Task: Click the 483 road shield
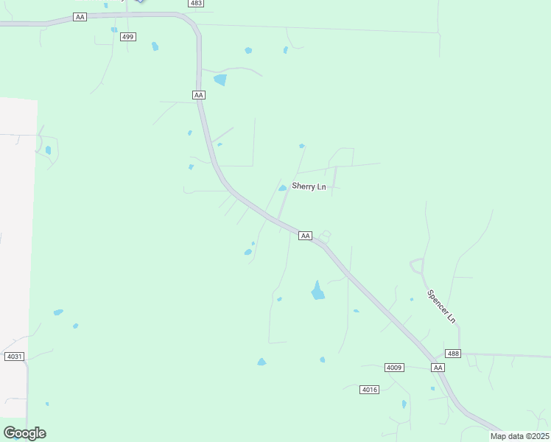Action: click(195, 4)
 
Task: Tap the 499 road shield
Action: click(128, 37)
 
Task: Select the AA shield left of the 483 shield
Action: click(80, 16)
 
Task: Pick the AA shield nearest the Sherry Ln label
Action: click(306, 236)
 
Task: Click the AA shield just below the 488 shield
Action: click(438, 367)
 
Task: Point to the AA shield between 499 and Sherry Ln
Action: click(198, 95)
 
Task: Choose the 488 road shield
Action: click(453, 354)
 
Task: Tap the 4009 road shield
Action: click(395, 367)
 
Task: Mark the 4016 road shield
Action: click(370, 389)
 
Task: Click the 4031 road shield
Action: click(15, 357)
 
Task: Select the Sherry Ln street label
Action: click(309, 186)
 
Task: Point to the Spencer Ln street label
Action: click(442, 306)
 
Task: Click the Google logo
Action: click(24, 432)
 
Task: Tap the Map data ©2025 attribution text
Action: click(519, 436)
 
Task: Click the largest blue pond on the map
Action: click(317, 292)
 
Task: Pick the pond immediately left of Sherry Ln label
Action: click(282, 188)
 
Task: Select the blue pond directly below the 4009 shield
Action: click(404, 404)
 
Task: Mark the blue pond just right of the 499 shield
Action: click(155, 46)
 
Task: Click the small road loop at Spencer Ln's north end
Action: click(417, 265)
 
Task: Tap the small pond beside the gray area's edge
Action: click(48, 150)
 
